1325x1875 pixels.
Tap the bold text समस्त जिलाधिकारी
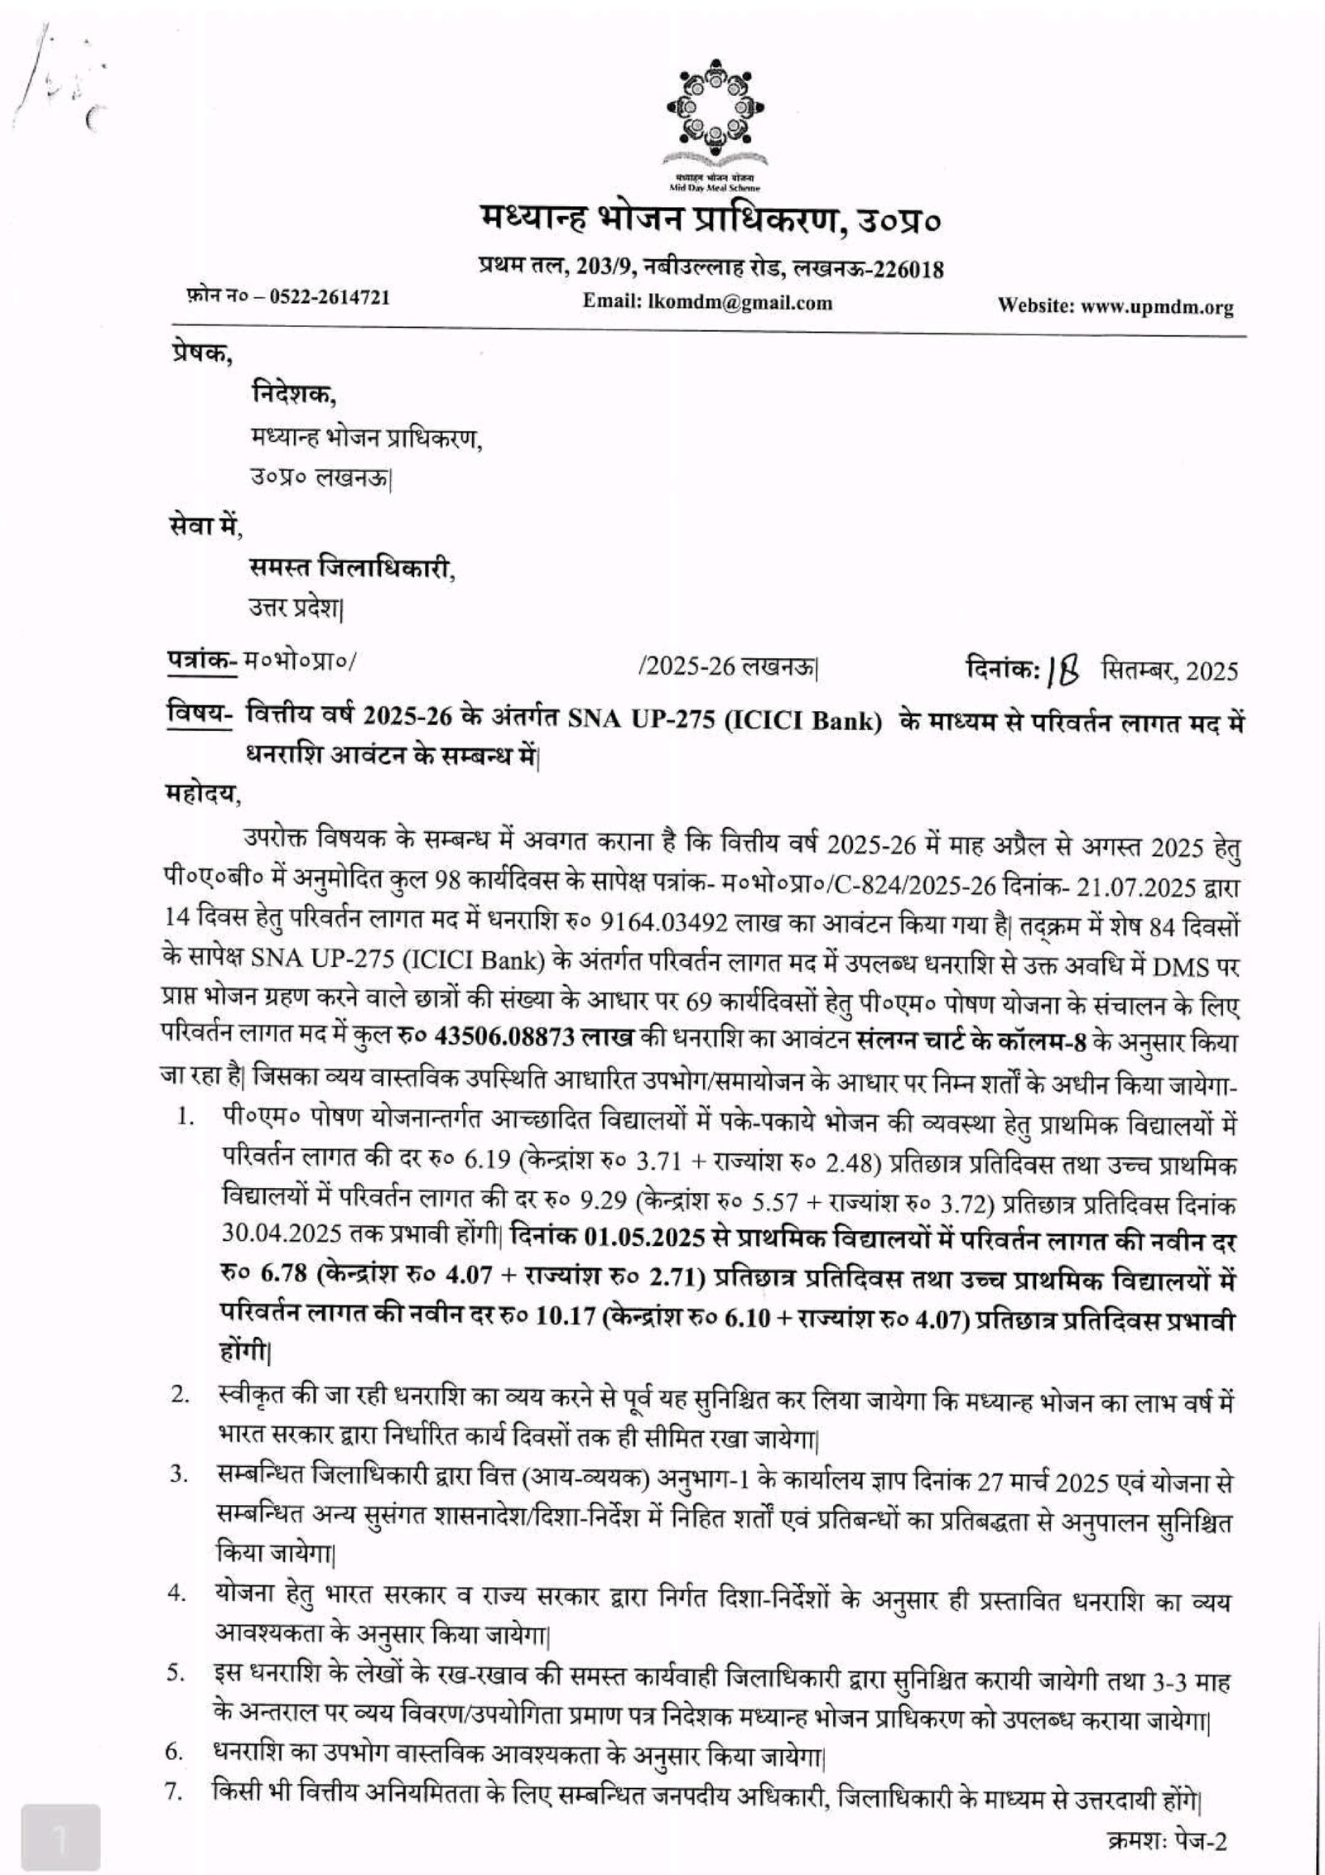tap(352, 568)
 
